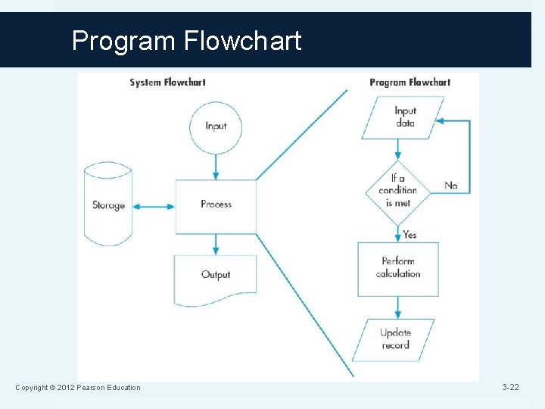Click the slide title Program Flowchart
(x=186, y=40)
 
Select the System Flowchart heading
(x=167, y=82)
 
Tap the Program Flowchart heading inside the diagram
(x=410, y=82)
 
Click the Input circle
(x=216, y=126)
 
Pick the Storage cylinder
(x=108, y=204)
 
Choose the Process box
(x=216, y=204)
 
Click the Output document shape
(x=216, y=276)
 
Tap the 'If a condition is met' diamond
(x=398, y=192)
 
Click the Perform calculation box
(x=398, y=268)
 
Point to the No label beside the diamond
(x=451, y=186)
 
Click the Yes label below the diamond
(x=410, y=235)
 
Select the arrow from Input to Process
(x=216, y=167)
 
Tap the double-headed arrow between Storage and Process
(x=154, y=205)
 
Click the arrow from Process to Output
(x=216, y=244)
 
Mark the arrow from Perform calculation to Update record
(x=398, y=307)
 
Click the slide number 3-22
(x=510, y=388)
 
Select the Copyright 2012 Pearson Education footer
(x=78, y=388)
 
